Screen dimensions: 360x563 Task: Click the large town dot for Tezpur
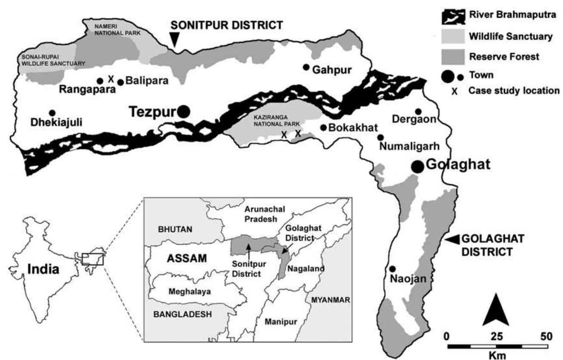pos(183,112)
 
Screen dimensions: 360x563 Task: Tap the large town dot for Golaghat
pos(417,167)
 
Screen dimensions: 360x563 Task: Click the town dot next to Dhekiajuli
pos(52,112)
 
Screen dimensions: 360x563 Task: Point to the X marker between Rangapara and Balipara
pos(110,79)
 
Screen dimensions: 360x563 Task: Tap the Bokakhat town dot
pos(324,127)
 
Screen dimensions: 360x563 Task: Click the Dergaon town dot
pos(418,112)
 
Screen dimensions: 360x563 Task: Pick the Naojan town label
pos(408,279)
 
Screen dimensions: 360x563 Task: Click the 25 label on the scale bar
pos(496,335)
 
